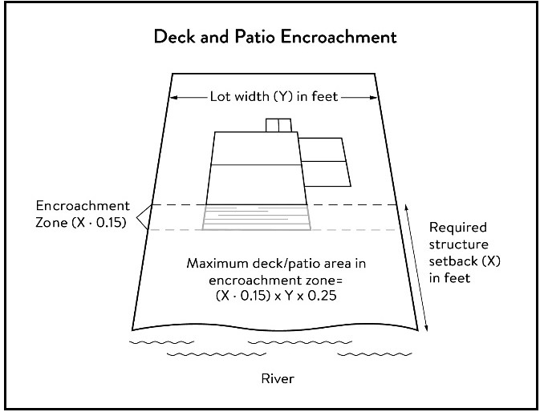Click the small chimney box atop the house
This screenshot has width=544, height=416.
click(x=278, y=125)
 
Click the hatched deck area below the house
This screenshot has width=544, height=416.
click(x=257, y=217)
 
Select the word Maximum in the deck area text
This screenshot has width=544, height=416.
click(x=216, y=264)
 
